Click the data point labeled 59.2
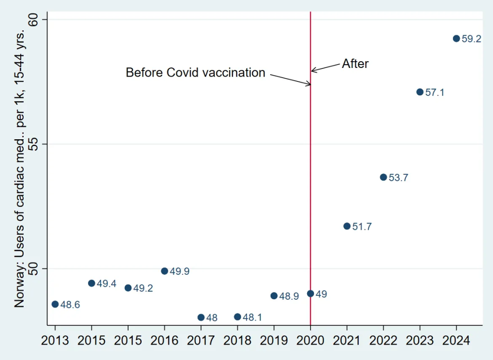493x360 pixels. click(456, 39)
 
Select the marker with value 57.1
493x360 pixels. click(420, 92)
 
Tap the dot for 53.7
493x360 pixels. click(383, 177)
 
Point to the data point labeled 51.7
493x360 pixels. click(347, 226)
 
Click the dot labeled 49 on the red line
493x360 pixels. click(311, 293)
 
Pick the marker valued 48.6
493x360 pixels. click(55, 304)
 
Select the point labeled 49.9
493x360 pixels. click(164, 271)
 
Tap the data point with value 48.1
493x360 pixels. click(237, 317)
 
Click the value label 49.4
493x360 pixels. click(106, 284)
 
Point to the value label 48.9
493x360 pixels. click(289, 296)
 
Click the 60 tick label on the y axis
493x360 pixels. click(38, 20)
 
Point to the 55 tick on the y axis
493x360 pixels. click(38, 144)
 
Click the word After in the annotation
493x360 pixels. click(355, 64)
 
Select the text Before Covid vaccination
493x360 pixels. click(195, 73)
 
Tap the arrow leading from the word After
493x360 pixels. click(326, 67)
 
